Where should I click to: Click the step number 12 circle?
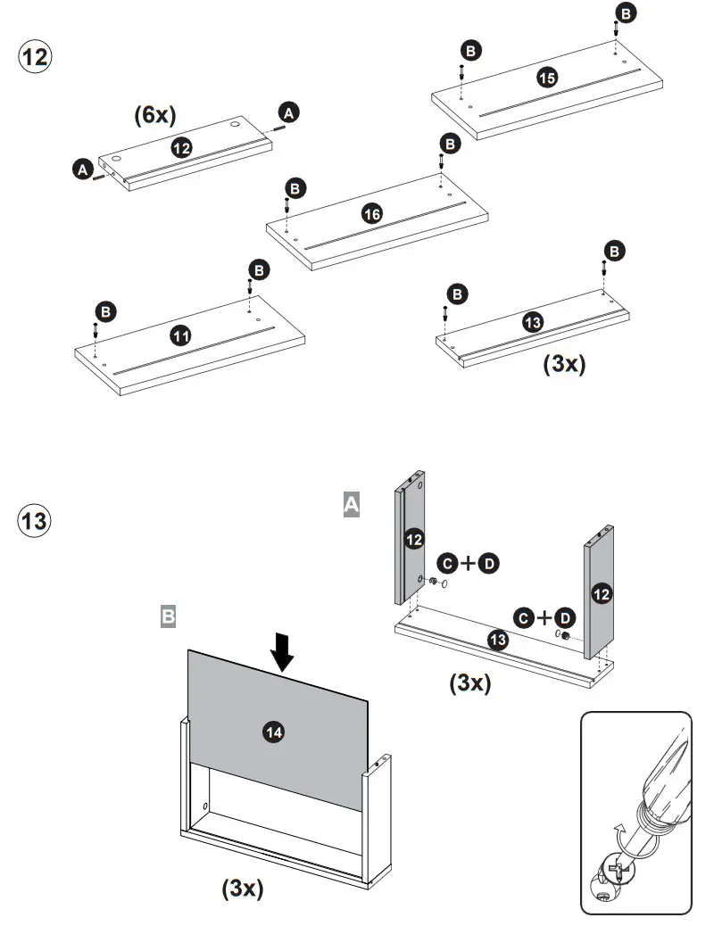(x=35, y=57)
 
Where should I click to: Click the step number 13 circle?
(x=35, y=520)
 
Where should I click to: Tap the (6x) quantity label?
(x=155, y=114)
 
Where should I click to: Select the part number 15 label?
(x=547, y=78)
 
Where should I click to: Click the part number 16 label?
(x=372, y=213)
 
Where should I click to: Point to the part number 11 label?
(x=180, y=335)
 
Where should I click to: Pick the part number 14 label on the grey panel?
(x=274, y=732)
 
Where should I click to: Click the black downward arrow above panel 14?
(x=283, y=651)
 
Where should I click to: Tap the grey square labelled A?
(x=352, y=506)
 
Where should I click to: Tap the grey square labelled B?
(x=168, y=616)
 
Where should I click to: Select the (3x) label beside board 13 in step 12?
(x=564, y=364)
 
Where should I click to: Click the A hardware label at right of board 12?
(x=288, y=112)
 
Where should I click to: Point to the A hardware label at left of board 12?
(x=82, y=168)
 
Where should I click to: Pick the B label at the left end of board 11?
(x=105, y=311)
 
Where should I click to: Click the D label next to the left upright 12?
(x=489, y=563)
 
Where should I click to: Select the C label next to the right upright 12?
(x=523, y=617)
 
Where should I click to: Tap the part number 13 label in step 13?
(x=498, y=639)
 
